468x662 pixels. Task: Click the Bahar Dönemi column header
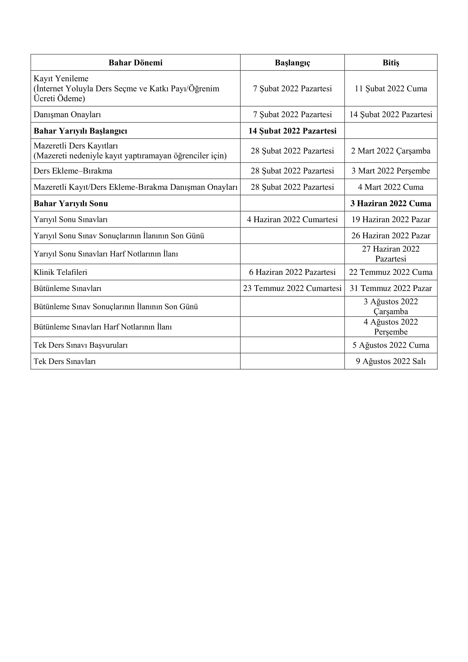tap(136, 63)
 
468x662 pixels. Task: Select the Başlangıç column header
tap(292, 63)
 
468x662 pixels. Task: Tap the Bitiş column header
tap(391, 63)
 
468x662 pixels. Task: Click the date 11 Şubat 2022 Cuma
tap(391, 89)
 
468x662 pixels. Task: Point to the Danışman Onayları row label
tap(67, 114)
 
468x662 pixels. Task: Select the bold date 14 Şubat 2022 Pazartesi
tap(292, 131)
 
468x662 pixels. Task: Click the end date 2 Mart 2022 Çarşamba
tap(391, 151)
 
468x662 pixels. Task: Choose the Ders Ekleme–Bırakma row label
tap(73, 171)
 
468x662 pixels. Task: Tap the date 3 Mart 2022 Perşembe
tap(391, 171)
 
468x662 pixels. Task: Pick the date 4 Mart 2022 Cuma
tap(391, 187)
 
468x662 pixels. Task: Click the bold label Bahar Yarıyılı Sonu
tap(71, 203)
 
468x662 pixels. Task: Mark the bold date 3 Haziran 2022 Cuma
tap(391, 203)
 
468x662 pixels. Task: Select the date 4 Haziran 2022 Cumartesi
tap(292, 219)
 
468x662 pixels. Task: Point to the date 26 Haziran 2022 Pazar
tap(391, 235)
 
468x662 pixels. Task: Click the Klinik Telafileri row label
tap(60, 272)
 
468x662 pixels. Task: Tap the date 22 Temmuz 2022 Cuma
tap(391, 272)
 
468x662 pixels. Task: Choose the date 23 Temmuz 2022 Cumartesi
tap(292, 288)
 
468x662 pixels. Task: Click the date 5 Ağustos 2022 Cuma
tap(391, 345)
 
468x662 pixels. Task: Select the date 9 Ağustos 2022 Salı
tap(391, 361)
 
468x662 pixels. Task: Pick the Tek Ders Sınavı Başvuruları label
tap(80, 345)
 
